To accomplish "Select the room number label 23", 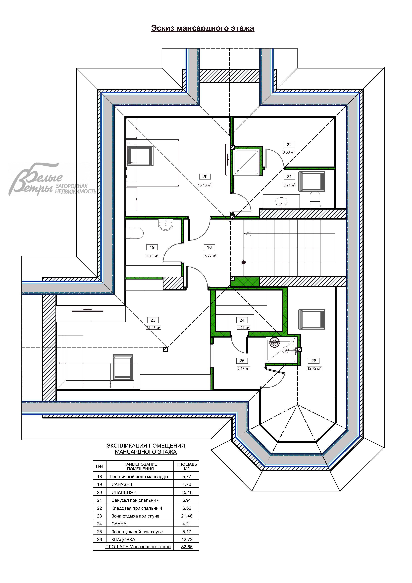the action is point(153,320).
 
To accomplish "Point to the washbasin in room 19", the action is point(165,224).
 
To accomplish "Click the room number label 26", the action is point(314,361).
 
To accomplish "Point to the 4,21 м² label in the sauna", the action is point(243,328).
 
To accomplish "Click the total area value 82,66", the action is point(187,547).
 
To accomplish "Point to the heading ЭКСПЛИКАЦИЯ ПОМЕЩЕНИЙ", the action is point(146,446).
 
